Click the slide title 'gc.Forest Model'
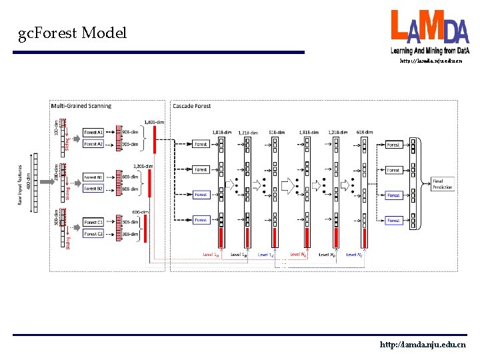point(73,33)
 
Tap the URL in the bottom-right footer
point(422,345)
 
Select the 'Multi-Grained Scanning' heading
point(81,105)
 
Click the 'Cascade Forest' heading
point(191,105)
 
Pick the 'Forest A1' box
point(93,131)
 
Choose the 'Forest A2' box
point(93,143)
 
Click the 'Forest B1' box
point(93,177)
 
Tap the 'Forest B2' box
point(93,189)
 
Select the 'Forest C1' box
point(93,222)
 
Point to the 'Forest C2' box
point(93,234)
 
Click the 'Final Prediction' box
point(443,183)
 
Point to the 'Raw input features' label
point(21,185)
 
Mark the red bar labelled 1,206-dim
point(150,183)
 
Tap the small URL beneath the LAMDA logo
point(430,61)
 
